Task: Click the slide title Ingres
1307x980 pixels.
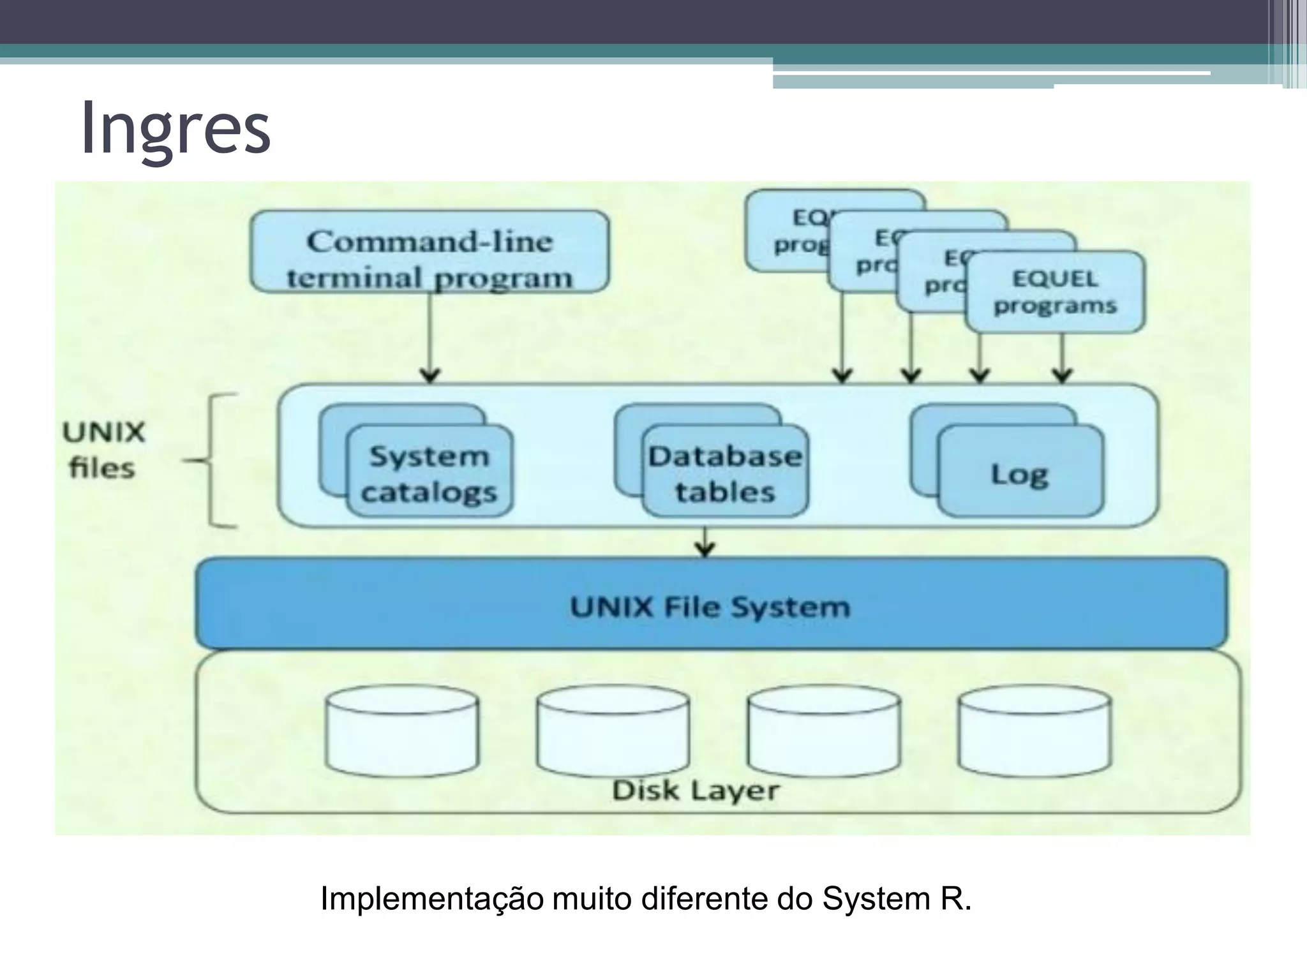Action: (176, 128)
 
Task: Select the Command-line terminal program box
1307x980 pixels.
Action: (429, 253)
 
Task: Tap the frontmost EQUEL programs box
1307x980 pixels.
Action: (1055, 292)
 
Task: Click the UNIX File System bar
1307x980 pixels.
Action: (710, 606)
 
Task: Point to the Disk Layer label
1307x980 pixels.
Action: (696, 790)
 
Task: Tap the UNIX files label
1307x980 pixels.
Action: (103, 450)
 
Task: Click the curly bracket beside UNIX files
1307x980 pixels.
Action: (214, 461)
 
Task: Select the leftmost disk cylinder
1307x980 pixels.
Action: (402, 731)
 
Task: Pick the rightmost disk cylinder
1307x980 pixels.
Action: (1035, 731)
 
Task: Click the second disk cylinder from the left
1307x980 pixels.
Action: (613, 731)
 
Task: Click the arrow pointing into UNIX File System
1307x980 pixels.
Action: (705, 542)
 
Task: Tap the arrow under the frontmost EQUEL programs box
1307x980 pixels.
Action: (1062, 357)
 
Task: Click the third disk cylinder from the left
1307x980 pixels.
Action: (824, 731)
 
